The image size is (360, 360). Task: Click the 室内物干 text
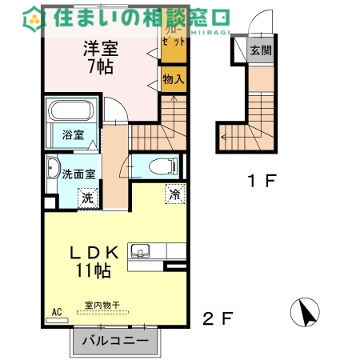click(102, 304)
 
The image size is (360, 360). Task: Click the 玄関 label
click(261, 51)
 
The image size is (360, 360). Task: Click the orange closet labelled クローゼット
click(173, 37)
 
